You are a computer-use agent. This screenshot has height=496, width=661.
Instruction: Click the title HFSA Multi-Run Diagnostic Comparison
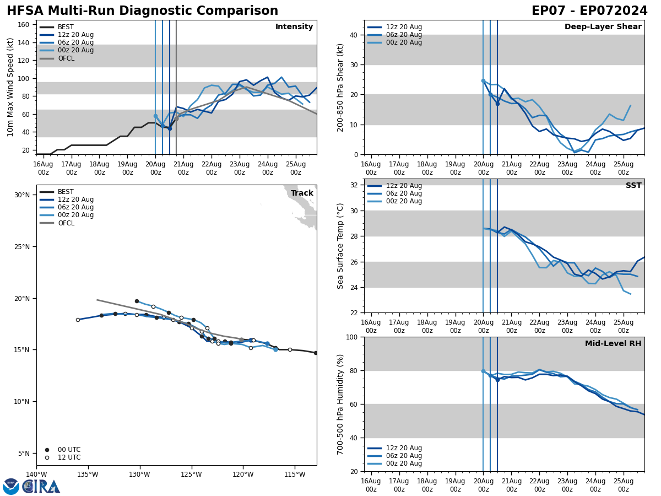pos(142,11)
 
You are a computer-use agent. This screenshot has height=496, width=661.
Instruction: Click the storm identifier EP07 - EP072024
pos(589,11)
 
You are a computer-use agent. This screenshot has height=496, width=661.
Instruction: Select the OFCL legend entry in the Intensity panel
pos(66,58)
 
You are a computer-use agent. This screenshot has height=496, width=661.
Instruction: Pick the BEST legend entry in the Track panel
pos(66,192)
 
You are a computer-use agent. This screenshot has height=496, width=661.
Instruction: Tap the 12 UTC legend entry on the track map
pos(69,457)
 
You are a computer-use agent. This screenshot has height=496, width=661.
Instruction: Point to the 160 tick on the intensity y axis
pos(24,25)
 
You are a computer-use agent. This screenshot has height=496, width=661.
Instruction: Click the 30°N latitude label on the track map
pos(22,195)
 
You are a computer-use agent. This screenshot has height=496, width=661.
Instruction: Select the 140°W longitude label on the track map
pos(36,475)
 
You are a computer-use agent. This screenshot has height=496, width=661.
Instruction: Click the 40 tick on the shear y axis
pos(354,35)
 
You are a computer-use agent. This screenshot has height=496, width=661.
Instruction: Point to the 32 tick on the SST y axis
pos(354,185)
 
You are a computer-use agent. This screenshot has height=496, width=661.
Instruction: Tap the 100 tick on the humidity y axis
pos(351,337)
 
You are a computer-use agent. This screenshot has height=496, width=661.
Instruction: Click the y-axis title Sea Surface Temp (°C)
pos(340,246)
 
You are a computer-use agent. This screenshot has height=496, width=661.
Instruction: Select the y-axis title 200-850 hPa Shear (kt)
pos(340,87)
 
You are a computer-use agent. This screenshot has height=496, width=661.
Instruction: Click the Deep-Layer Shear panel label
pos(603,27)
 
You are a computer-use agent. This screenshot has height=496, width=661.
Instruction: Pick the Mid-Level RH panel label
pos(613,344)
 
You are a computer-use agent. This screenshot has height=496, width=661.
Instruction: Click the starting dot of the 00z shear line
pos(483,81)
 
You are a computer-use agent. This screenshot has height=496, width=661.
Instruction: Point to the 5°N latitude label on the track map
pos(24,454)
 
